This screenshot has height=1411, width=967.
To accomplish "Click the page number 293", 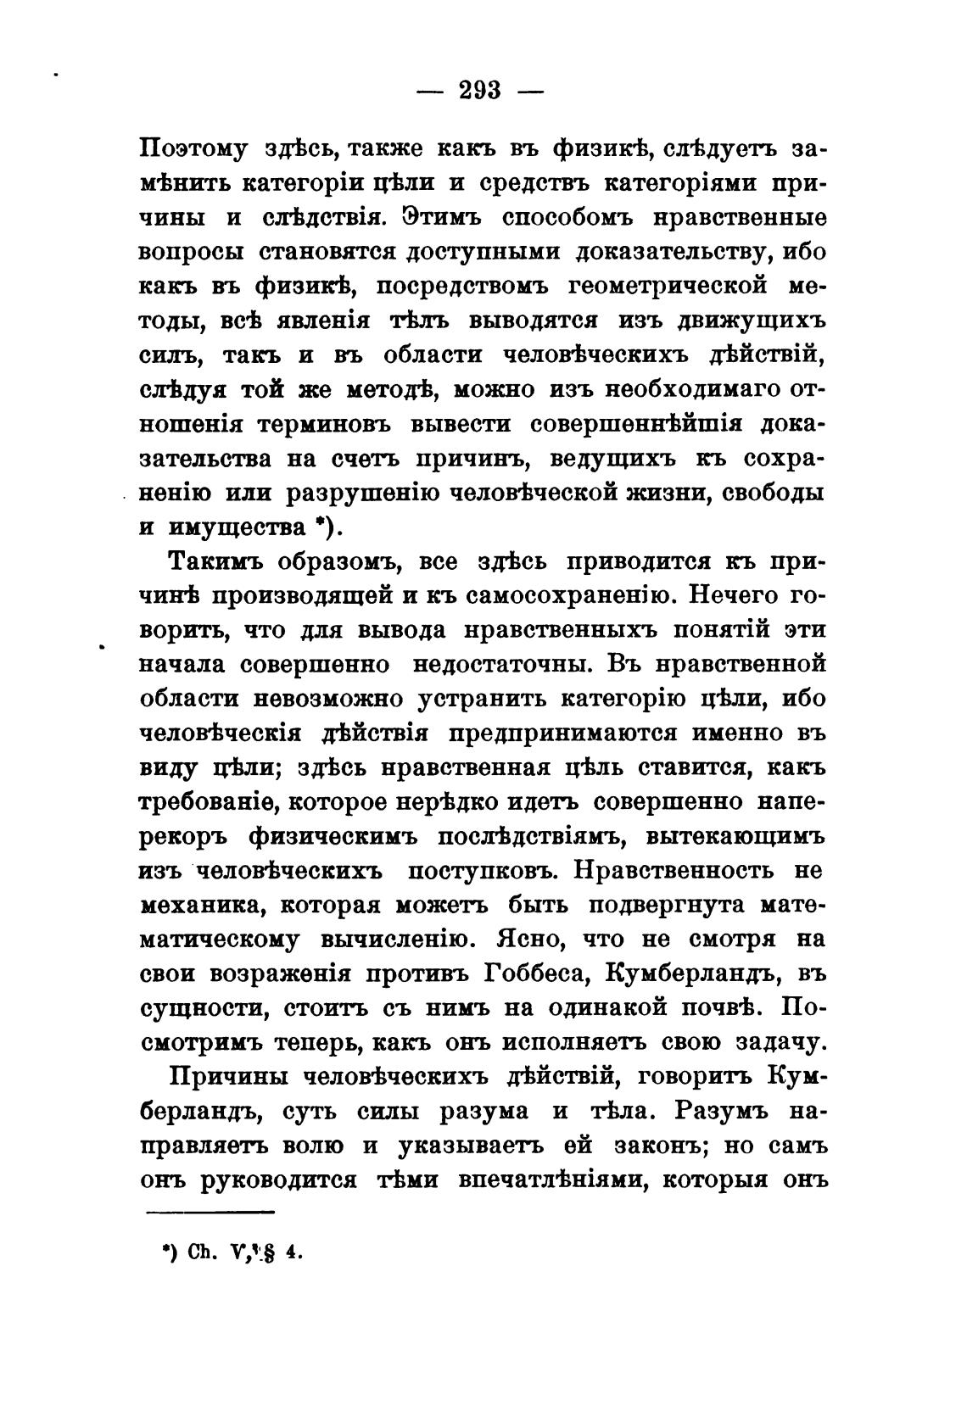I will [x=481, y=89].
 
